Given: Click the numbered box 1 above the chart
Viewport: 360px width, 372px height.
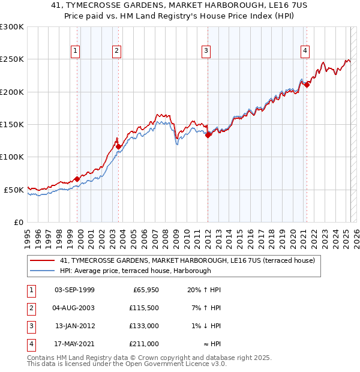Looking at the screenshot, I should [x=76, y=51].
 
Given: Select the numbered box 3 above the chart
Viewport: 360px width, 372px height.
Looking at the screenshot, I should [x=206, y=51].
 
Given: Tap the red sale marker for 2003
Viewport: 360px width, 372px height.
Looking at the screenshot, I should [x=118, y=146].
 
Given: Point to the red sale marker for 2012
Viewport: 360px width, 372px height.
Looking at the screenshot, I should [x=208, y=135].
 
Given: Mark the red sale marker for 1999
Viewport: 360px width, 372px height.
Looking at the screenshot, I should [x=77, y=179].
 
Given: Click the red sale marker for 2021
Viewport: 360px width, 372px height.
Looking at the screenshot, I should [x=306, y=85].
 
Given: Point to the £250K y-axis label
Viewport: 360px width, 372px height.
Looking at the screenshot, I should [x=12, y=59].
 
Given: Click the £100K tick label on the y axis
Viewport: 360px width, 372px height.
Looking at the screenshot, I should [x=12, y=157].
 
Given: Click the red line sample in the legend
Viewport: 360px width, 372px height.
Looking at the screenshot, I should [x=42, y=261].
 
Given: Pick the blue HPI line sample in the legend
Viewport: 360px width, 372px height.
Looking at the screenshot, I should [x=42, y=271].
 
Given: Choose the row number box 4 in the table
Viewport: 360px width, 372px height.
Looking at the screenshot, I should [x=30, y=344].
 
